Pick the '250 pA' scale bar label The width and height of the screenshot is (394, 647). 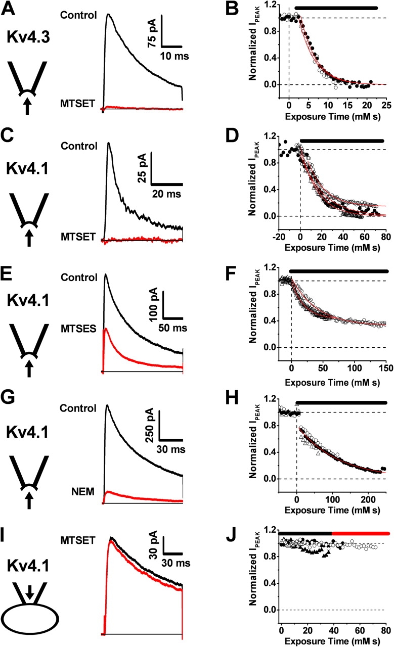tap(150, 420)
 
